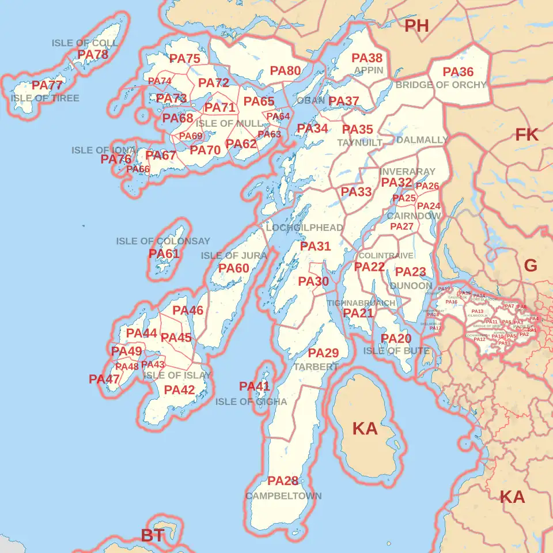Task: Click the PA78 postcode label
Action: pyautogui.click(x=93, y=55)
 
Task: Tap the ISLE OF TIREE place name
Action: pyautogui.click(x=45, y=98)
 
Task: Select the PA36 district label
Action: pyautogui.click(x=458, y=72)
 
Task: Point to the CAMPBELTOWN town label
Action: pyautogui.click(x=283, y=496)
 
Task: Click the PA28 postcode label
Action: pyautogui.click(x=283, y=481)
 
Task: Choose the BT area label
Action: pyautogui.click(x=153, y=535)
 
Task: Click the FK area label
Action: pyautogui.click(x=527, y=135)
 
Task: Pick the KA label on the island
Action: pyautogui.click(x=365, y=429)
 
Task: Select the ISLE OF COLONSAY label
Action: pyautogui.click(x=163, y=241)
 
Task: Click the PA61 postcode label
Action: pyautogui.click(x=164, y=253)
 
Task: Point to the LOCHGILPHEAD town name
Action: pyautogui.click(x=304, y=228)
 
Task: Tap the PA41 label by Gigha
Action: pyautogui.click(x=255, y=387)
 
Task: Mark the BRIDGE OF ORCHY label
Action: pyautogui.click(x=441, y=85)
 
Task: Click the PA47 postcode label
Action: pyautogui.click(x=104, y=380)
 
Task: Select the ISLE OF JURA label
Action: pyautogui.click(x=234, y=255)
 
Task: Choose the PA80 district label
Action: pyautogui.click(x=286, y=71)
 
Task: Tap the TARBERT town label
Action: pyautogui.click(x=316, y=367)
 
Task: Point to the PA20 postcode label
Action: pyautogui.click(x=396, y=339)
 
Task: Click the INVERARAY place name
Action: pyautogui.click(x=407, y=172)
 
